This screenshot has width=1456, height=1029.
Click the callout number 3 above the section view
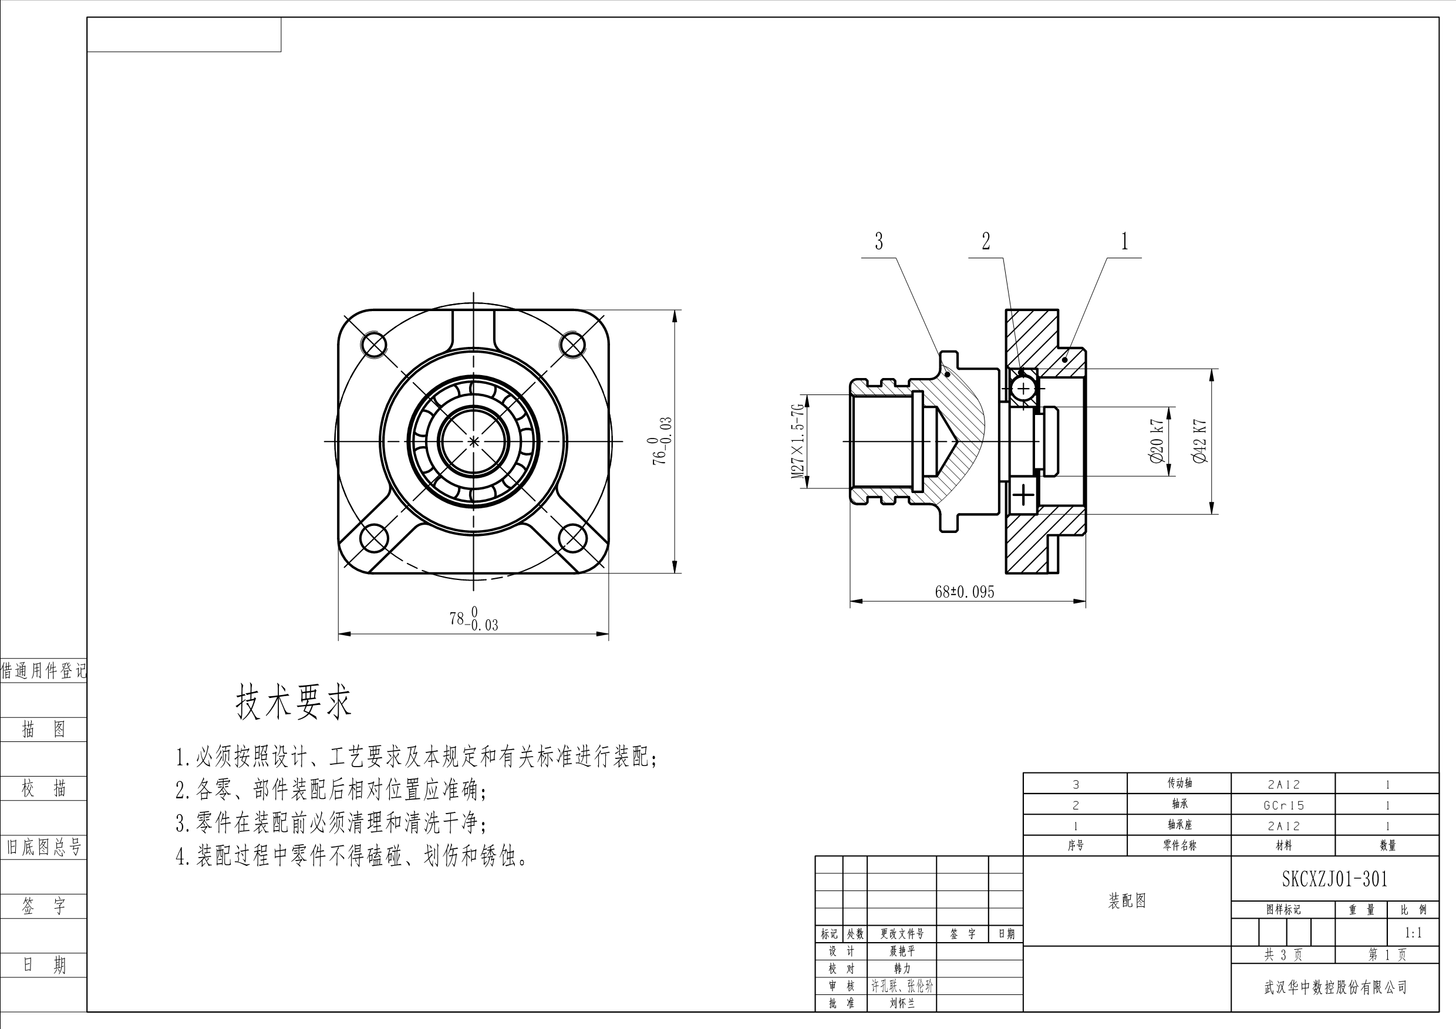pyautogui.click(x=879, y=242)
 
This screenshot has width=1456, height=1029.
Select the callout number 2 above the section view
pyautogui.click(x=986, y=242)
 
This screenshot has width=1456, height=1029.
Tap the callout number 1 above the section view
pyautogui.click(x=1125, y=242)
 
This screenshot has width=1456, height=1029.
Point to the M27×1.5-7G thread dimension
pyautogui.click(x=798, y=441)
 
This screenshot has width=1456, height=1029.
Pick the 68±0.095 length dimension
pyautogui.click(x=965, y=592)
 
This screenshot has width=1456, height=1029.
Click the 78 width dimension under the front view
pyautogui.click(x=474, y=619)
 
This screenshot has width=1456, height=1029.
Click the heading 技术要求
pyautogui.click(x=293, y=703)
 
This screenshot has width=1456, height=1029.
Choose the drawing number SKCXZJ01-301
pyautogui.click(x=1335, y=879)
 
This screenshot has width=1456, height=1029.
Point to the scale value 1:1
pyautogui.click(x=1414, y=933)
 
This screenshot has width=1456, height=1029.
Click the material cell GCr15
pyautogui.click(x=1283, y=805)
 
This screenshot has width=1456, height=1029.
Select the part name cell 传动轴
pyautogui.click(x=1179, y=783)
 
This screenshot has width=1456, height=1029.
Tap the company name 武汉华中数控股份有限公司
pyautogui.click(x=1336, y=987)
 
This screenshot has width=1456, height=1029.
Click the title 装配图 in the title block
pyautogui.click(x=1127, y=901)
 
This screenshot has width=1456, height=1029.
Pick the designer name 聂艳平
pyautogui.click(x=902, y=951)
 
